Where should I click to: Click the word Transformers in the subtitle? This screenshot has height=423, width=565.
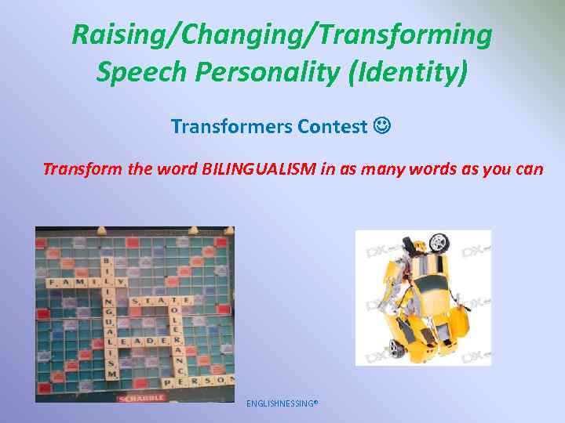(231, 125)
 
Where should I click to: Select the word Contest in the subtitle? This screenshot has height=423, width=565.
(332, 125)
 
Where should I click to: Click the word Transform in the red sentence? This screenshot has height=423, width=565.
(77, 168)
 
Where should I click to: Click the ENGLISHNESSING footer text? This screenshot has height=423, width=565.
(282, 403)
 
